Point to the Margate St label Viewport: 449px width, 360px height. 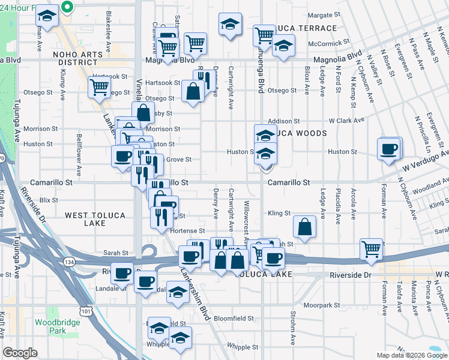coord(324,15)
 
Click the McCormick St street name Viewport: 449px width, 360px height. coord(328,43)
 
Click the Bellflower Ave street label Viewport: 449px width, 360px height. coord(79,150)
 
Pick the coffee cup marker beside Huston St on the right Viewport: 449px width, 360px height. coord(389,148)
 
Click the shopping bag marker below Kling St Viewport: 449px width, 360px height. coord(305,227)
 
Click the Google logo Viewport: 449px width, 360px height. coord(20,353)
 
